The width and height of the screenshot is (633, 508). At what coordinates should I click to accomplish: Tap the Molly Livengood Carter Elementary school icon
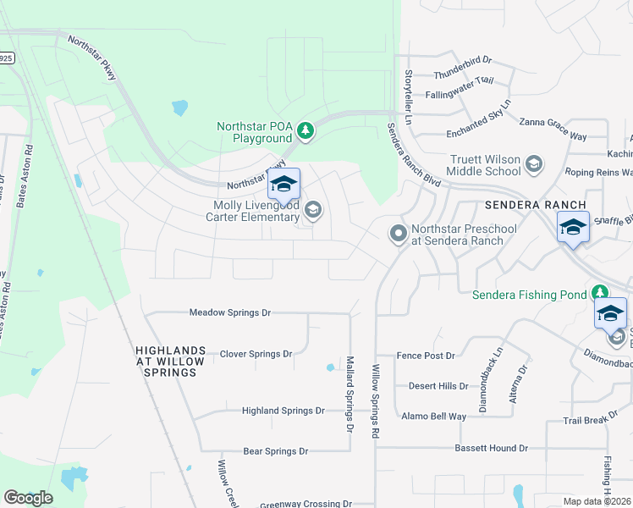pos(313,209)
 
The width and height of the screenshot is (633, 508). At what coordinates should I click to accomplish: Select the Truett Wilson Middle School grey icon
pos(534,163)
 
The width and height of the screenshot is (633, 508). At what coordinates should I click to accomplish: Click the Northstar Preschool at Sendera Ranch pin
pos(399,233)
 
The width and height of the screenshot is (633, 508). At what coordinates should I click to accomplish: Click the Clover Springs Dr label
pos(256,354)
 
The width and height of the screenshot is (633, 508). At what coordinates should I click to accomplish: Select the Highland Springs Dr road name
pos(283,411)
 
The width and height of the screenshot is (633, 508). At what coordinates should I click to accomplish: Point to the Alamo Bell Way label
pos(434,417)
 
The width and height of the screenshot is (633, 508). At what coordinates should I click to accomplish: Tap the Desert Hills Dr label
pos(438,386)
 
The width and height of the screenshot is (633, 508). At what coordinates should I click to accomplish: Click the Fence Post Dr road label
pos(427,356)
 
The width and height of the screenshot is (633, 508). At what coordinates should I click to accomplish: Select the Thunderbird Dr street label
pos(462,60)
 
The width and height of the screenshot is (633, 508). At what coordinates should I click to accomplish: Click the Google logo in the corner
pos(28,498)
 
